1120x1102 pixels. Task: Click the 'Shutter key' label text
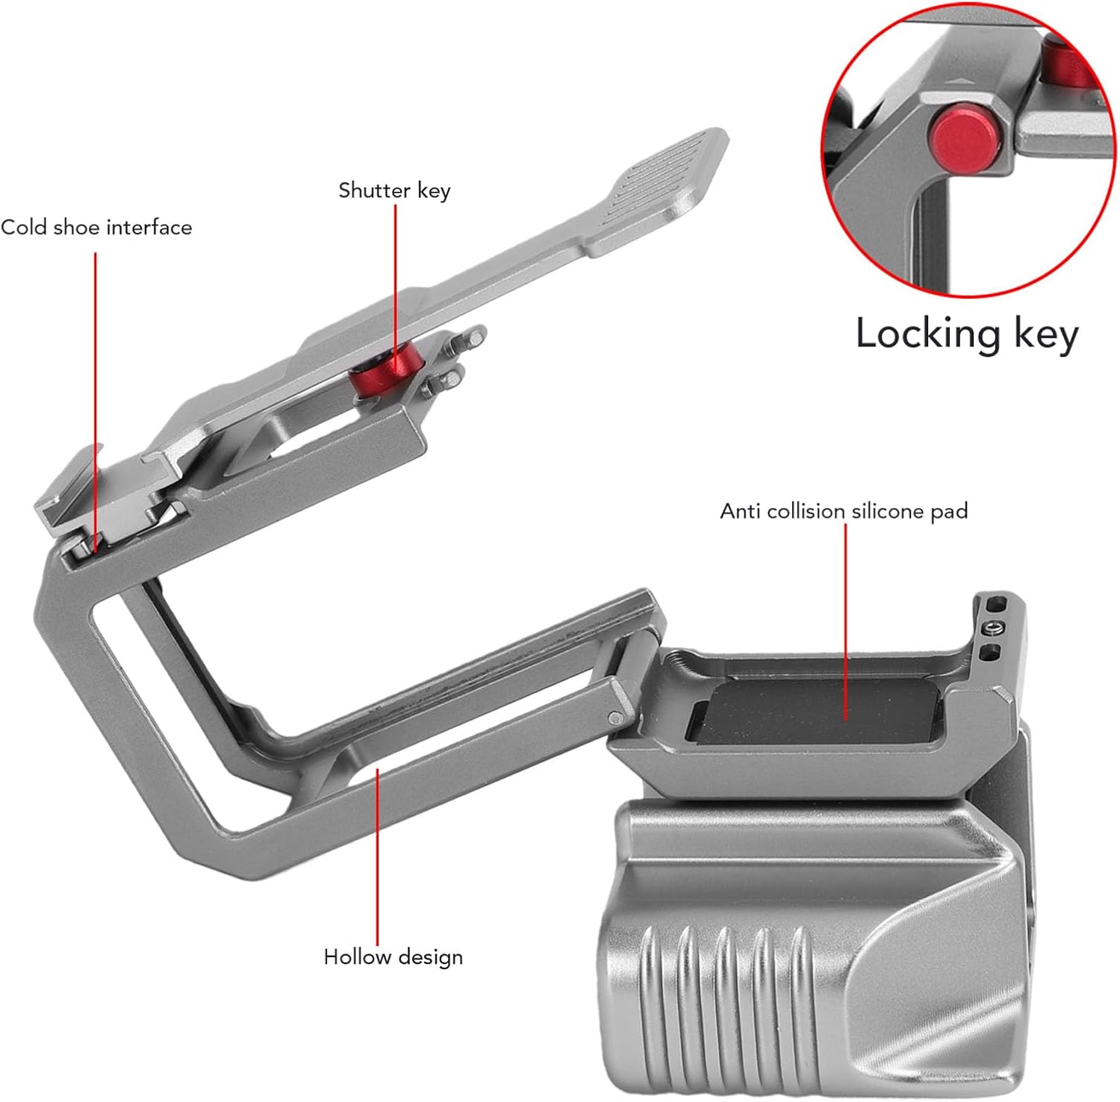(394, 191)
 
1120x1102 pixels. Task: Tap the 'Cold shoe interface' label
(96, 227)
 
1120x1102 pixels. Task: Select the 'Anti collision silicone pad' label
(844, 511)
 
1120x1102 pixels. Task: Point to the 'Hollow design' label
(393, 957)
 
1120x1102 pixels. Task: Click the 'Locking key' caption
(966, 334)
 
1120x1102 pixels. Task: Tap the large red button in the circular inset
(962, 138)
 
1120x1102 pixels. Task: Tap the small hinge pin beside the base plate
(615, 718)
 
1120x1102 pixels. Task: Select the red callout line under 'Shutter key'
(395, 284)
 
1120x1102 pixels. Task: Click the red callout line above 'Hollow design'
(378, 859)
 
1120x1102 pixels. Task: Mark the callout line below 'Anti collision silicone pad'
(845, 620)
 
